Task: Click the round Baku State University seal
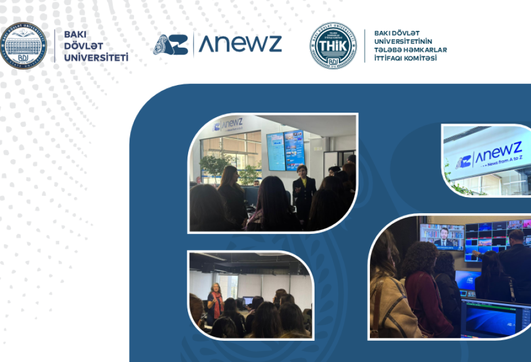[24, 45]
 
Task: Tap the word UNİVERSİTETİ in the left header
[96, 57]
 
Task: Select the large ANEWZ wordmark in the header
[240, 44]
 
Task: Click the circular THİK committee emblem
[333, 45]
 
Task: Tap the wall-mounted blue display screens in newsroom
[285, 151]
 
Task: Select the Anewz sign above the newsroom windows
[228, 124]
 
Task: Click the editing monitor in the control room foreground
[495, 319]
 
